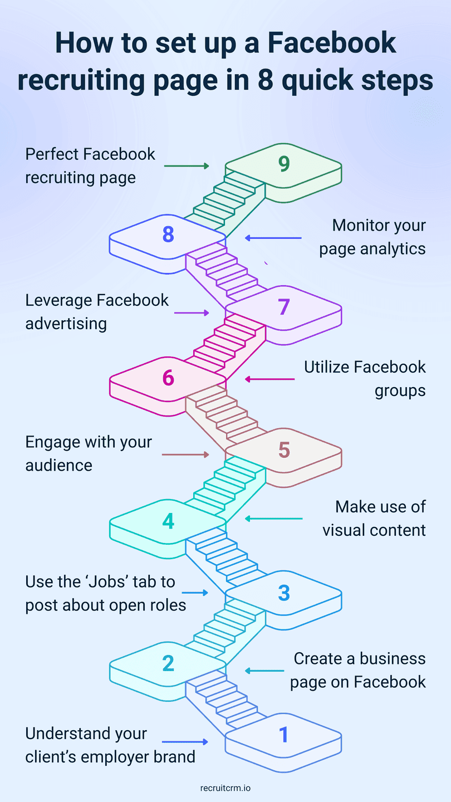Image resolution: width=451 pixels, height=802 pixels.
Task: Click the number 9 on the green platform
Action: pyautogui.click(x=284, y=163)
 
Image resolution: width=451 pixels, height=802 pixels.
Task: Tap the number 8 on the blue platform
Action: pyautogui.click(x=168, y=234)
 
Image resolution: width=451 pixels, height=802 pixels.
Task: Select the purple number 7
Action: pyautogui.click(x=284, y=306)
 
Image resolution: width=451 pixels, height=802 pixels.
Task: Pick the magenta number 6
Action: pyautogui.click(x=168, y=378)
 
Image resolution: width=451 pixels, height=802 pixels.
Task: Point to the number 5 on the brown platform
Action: pyautogui.click(x=284, y=449)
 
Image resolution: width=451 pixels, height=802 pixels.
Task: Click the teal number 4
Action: pyautogui.click(x=168, y=521)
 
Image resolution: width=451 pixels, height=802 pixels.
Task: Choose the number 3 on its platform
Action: pyautogui.click(x=284, y=593)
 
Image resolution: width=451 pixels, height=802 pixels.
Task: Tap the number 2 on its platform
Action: pyautogui.click(x=168, y=663)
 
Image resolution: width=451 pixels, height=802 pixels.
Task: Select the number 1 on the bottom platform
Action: pyautogui.click(x=284, y=735)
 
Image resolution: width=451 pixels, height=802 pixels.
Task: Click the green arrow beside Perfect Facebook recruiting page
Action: pyautogui.click(x=187, y=166)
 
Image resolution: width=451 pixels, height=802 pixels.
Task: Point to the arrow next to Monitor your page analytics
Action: pyautogui.click(x=273, y=238)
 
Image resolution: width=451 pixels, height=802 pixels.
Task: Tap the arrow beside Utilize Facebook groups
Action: pyautogui.click(x=269, y=379)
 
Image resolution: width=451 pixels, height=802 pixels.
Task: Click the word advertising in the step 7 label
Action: pyautogui.click(x=66, y=324)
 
